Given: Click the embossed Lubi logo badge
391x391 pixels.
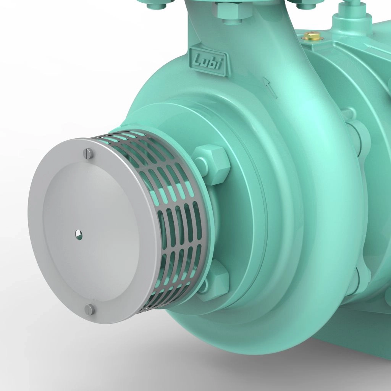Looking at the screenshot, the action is [x=208, y=61].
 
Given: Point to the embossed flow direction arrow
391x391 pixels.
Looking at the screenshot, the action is [x=270, y=87].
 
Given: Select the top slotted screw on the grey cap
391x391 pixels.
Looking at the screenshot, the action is [x=88, y=153].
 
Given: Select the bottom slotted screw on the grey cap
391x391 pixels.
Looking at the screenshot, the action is [x=90, y=309].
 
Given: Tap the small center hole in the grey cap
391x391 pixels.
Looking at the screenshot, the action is [x=79, y=234].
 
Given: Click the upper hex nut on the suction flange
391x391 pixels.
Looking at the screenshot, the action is [x=211, y=165].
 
